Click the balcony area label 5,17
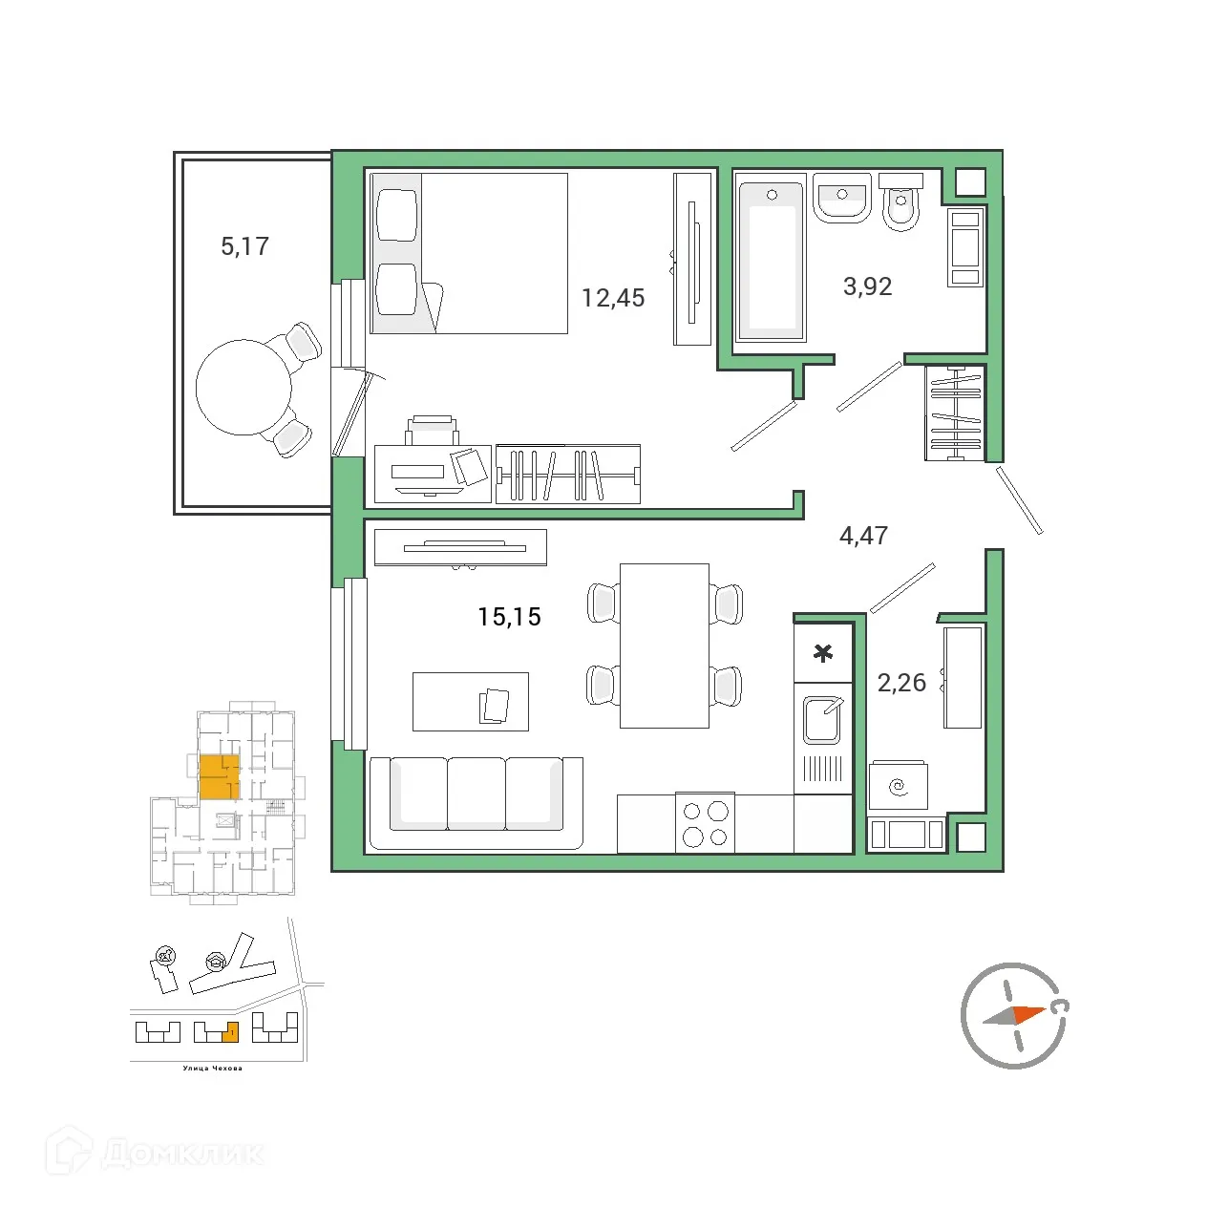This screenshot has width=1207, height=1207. point(244,246)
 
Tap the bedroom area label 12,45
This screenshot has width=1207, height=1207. point(613,298)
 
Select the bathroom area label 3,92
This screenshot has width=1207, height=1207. point(867,286)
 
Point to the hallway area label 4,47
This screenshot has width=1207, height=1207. point(863,536)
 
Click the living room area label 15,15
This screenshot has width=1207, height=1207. point(509,617)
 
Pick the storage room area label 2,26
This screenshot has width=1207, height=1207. point(901,683)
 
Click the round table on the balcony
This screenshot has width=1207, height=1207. point(244,388)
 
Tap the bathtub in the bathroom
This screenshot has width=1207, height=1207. point(771,260)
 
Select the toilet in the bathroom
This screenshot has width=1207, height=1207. point(900,204)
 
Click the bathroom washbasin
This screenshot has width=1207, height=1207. point(841,199)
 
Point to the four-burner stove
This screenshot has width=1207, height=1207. point(705,823)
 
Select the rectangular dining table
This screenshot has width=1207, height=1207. point(664,646)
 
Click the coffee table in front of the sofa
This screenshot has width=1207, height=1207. point(470,702)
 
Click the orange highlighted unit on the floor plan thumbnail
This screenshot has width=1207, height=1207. point(218,775)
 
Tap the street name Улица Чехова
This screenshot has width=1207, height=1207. point(212,1069)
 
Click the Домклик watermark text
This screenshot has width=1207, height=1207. point(181,1153)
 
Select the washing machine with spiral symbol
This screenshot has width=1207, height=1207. point(898,787)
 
